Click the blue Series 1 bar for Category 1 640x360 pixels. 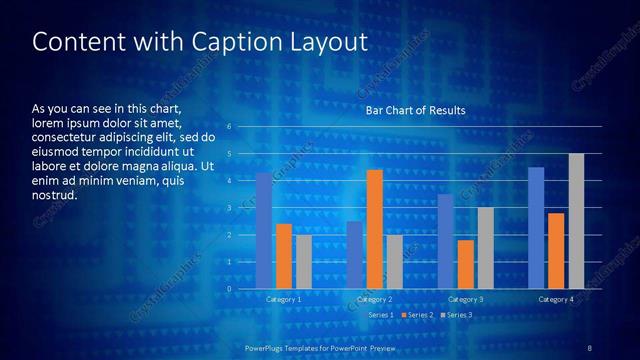(264, 231)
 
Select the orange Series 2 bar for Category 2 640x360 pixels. (375, 229)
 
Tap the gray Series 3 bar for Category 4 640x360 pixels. (576, 221)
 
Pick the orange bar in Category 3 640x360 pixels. (466, 264)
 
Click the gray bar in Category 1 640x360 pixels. (303, 262)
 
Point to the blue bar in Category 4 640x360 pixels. (536, 228)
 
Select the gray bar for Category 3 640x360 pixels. (485, 248)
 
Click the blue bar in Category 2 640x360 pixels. (355, 255)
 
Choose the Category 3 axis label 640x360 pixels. (465, 299)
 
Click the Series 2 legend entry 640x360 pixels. (418, 315)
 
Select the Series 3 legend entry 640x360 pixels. (457, 315)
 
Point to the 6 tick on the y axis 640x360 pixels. (230, 127)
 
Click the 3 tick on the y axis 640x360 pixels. (230, 208)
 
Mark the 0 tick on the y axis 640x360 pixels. (230, 289)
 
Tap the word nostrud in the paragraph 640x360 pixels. (54, 196)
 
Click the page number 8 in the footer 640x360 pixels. (589, 347)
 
